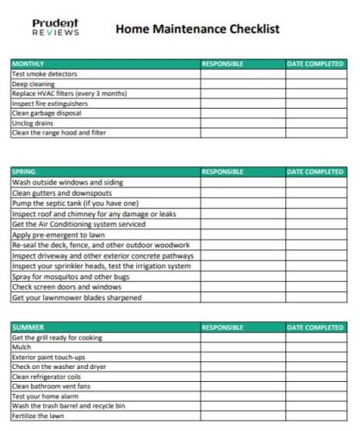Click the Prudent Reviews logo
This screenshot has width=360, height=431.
tap(55, 28)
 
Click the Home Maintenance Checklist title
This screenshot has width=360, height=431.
tap(196, 28)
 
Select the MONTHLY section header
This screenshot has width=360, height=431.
tap(28, 64)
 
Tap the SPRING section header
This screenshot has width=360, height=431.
tap(24, 172)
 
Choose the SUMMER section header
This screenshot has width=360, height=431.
tap(27, 328)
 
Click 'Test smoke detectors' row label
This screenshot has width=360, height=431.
tap(44, 74)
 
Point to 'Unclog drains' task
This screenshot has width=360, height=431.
tap(33, 123)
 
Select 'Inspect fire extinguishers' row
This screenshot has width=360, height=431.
tap(51, 103)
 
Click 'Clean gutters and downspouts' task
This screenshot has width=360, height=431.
tap(56, 193)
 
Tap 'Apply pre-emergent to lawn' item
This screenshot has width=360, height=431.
tap(58, 234)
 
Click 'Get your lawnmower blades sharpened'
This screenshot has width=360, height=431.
tap(76, 297)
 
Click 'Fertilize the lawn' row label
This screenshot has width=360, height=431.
tap(40, 415)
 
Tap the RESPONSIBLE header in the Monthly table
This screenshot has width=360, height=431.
tap(222, 64)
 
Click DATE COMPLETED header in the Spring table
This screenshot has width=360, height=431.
tap(314, 172)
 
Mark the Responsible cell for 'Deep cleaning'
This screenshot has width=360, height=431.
tap(241, 84)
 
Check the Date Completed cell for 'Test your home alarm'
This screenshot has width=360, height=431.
tap(314, 396)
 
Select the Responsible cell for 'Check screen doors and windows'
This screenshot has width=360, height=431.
tap(241, 287)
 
